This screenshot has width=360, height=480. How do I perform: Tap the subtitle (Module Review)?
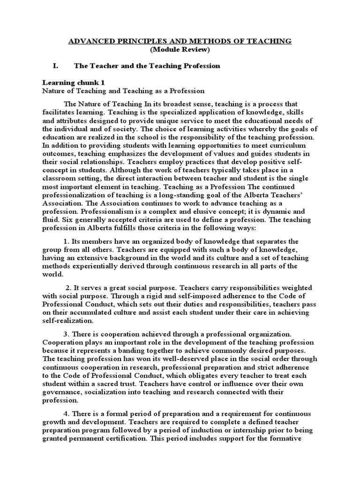click(x=180, y=50)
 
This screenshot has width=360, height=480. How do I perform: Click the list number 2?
click(x=68, y=287)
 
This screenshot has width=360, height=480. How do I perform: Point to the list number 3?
click(x=66, y=333)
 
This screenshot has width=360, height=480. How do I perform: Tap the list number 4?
click(x=66, y=414)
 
